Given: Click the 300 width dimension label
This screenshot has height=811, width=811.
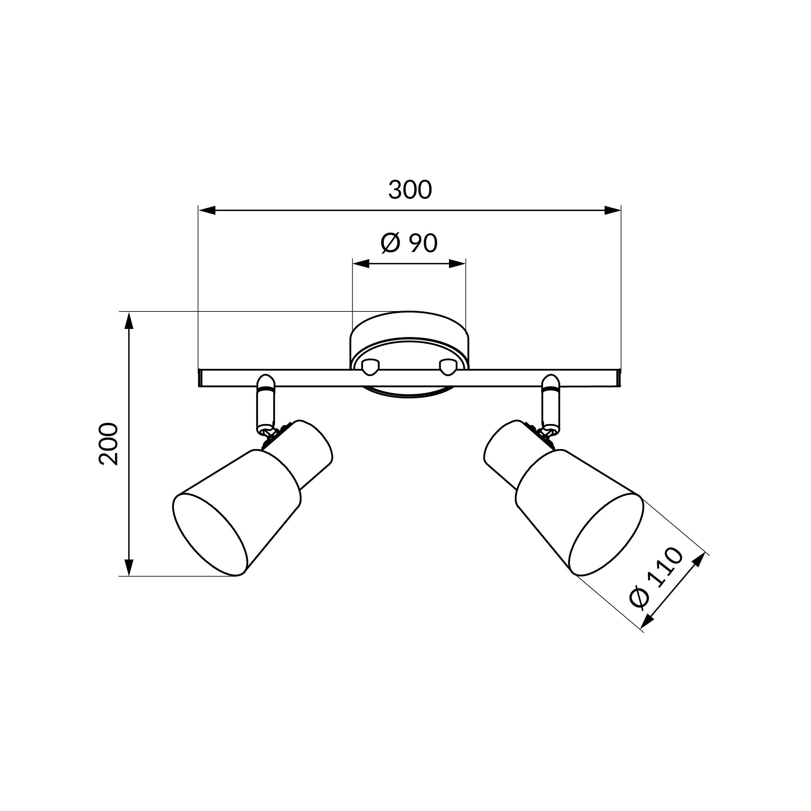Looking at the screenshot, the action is coord(410,190).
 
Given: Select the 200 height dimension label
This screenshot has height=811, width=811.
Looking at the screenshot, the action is coord(108,444).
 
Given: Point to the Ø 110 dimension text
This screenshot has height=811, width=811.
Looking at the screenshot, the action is coord(657,577).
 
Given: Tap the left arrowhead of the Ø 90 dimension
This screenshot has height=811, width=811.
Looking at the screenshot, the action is coord(361,264).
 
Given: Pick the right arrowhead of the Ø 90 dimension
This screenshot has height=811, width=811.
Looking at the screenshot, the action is coord(457,264).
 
